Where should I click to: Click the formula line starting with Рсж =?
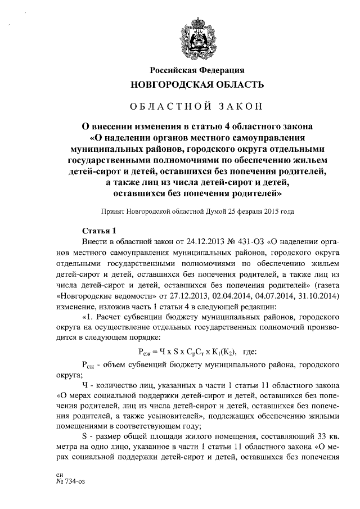coord(188,352)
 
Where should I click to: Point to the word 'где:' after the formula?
coord(247,352)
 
